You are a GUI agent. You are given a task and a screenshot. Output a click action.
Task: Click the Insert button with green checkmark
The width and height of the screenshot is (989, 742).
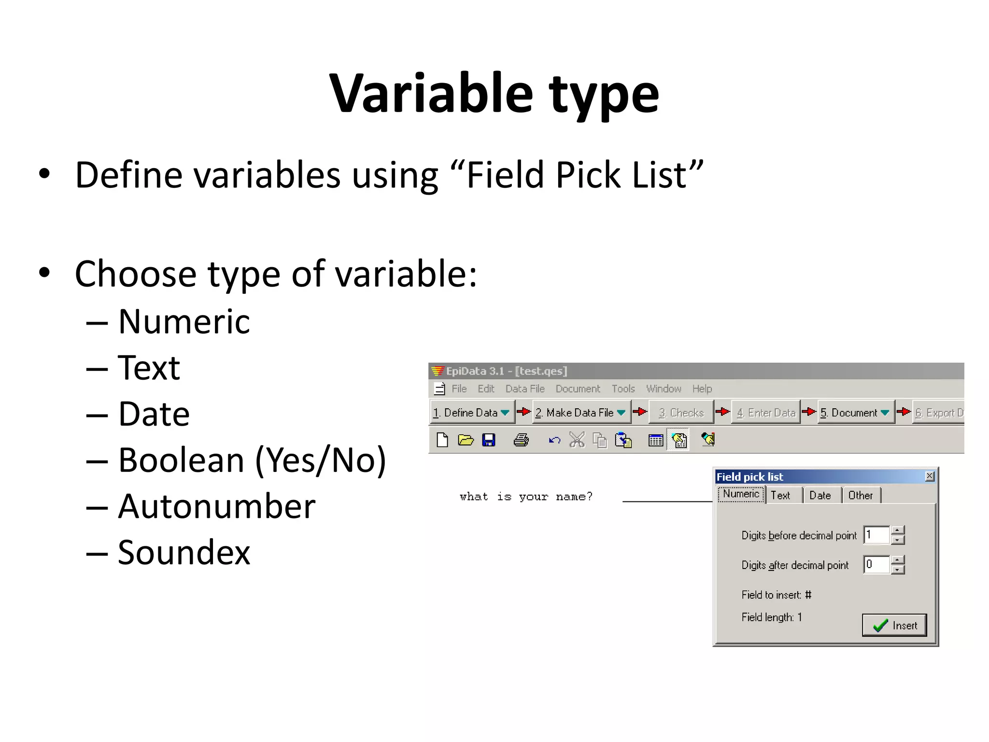894,625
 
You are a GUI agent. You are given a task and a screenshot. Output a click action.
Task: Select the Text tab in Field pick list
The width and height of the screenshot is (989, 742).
780,495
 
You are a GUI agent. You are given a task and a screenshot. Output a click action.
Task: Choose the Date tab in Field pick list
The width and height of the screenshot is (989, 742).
819,495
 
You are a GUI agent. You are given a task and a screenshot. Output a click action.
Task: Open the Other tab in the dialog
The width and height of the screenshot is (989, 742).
860,495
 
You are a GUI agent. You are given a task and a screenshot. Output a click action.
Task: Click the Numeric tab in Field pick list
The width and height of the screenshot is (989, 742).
741,494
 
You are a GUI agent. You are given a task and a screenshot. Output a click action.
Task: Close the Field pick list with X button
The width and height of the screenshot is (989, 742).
929,476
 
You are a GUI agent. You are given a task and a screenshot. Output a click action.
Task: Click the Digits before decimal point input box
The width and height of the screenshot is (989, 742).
876,535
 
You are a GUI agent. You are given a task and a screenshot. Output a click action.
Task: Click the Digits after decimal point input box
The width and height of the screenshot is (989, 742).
876,564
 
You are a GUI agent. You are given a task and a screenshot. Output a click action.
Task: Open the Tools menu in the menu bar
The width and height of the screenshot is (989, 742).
623,389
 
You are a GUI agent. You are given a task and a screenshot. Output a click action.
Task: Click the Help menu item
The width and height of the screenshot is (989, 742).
702,389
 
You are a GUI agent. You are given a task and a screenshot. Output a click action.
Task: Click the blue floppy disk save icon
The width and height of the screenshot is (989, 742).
489,440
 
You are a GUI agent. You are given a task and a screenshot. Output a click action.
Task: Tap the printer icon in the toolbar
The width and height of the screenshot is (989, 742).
521,440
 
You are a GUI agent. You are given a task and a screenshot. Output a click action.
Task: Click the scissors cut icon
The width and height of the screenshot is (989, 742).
577,440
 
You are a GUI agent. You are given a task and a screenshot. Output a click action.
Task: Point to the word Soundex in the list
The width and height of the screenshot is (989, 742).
184,552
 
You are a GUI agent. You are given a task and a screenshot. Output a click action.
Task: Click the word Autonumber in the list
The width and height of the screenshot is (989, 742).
217,506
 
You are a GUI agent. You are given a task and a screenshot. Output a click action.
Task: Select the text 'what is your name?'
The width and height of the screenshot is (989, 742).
525,497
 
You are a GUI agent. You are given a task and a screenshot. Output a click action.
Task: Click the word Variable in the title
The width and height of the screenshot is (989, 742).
431,93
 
